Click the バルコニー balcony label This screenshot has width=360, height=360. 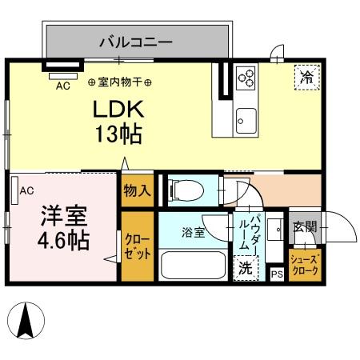pos(135,41)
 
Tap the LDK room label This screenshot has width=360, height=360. pos(120,109)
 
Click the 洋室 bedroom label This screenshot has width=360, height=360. pos(65,216)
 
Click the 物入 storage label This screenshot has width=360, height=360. pos(136,190)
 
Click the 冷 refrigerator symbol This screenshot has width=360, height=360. pos(306,77)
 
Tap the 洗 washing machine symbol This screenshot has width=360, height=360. pos(246,269)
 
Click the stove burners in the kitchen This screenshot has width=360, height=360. pos(246,78)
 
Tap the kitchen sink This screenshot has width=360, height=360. pos(245,122)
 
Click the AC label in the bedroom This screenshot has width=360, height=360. pos(26,190)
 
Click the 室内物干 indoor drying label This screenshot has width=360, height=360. pos(122,82)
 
